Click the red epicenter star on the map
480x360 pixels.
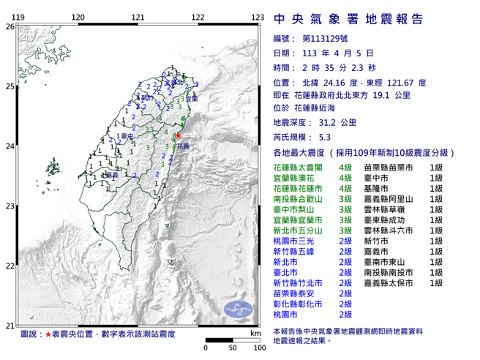(178, 135)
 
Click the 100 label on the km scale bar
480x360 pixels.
(258, 347)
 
